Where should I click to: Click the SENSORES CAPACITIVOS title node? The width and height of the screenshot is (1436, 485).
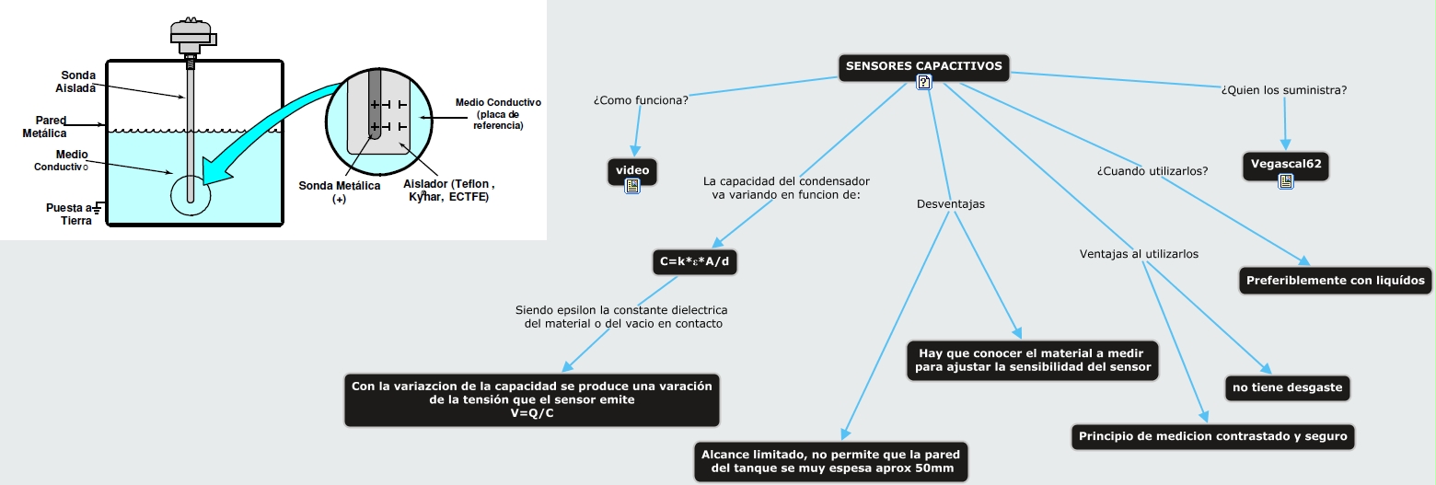pos(923,66)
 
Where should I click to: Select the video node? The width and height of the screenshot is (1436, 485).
pos(632,169)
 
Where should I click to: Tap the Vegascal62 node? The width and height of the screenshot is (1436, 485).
pos(1285,165)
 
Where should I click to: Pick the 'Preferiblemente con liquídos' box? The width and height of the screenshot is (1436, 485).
pos(1335,280)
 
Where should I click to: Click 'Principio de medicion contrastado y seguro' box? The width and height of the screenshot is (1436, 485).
pos(1211,436)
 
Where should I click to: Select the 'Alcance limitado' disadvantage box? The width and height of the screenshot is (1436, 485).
pos(830,462)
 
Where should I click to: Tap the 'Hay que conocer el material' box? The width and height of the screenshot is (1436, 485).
pos(1032,360)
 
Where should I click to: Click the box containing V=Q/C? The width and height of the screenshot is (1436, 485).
pos(532,399)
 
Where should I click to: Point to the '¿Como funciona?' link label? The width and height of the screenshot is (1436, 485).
pos(641,98)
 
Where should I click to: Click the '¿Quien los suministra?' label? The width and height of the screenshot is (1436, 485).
pos(1283,90)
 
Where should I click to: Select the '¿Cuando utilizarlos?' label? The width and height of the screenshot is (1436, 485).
pos(1152,170)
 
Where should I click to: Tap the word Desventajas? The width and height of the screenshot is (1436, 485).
pos(950,203)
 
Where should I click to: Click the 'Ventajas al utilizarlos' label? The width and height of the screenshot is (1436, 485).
pos(1139,253)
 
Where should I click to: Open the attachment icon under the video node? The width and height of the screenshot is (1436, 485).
pos(632,186)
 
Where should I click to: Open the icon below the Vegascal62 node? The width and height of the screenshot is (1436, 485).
pos(1285,182)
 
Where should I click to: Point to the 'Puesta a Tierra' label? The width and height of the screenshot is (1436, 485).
pos(70,214)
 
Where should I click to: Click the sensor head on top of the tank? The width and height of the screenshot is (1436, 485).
pos(191,35)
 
